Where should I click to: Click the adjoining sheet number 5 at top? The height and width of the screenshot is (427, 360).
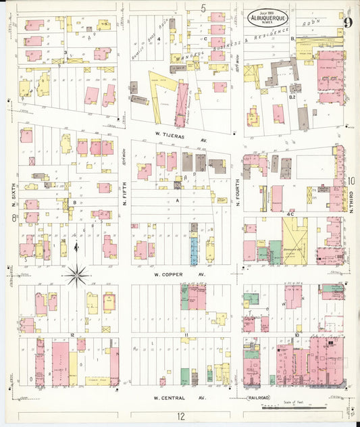pos(203,7)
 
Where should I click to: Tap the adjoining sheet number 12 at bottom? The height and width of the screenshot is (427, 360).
pos(180,416)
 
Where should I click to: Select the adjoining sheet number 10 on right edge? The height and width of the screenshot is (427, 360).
pos(352,180)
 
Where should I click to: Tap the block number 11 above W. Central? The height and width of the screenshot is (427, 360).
pos(184,335)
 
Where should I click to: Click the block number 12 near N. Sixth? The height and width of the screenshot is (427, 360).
pos(71,335)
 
